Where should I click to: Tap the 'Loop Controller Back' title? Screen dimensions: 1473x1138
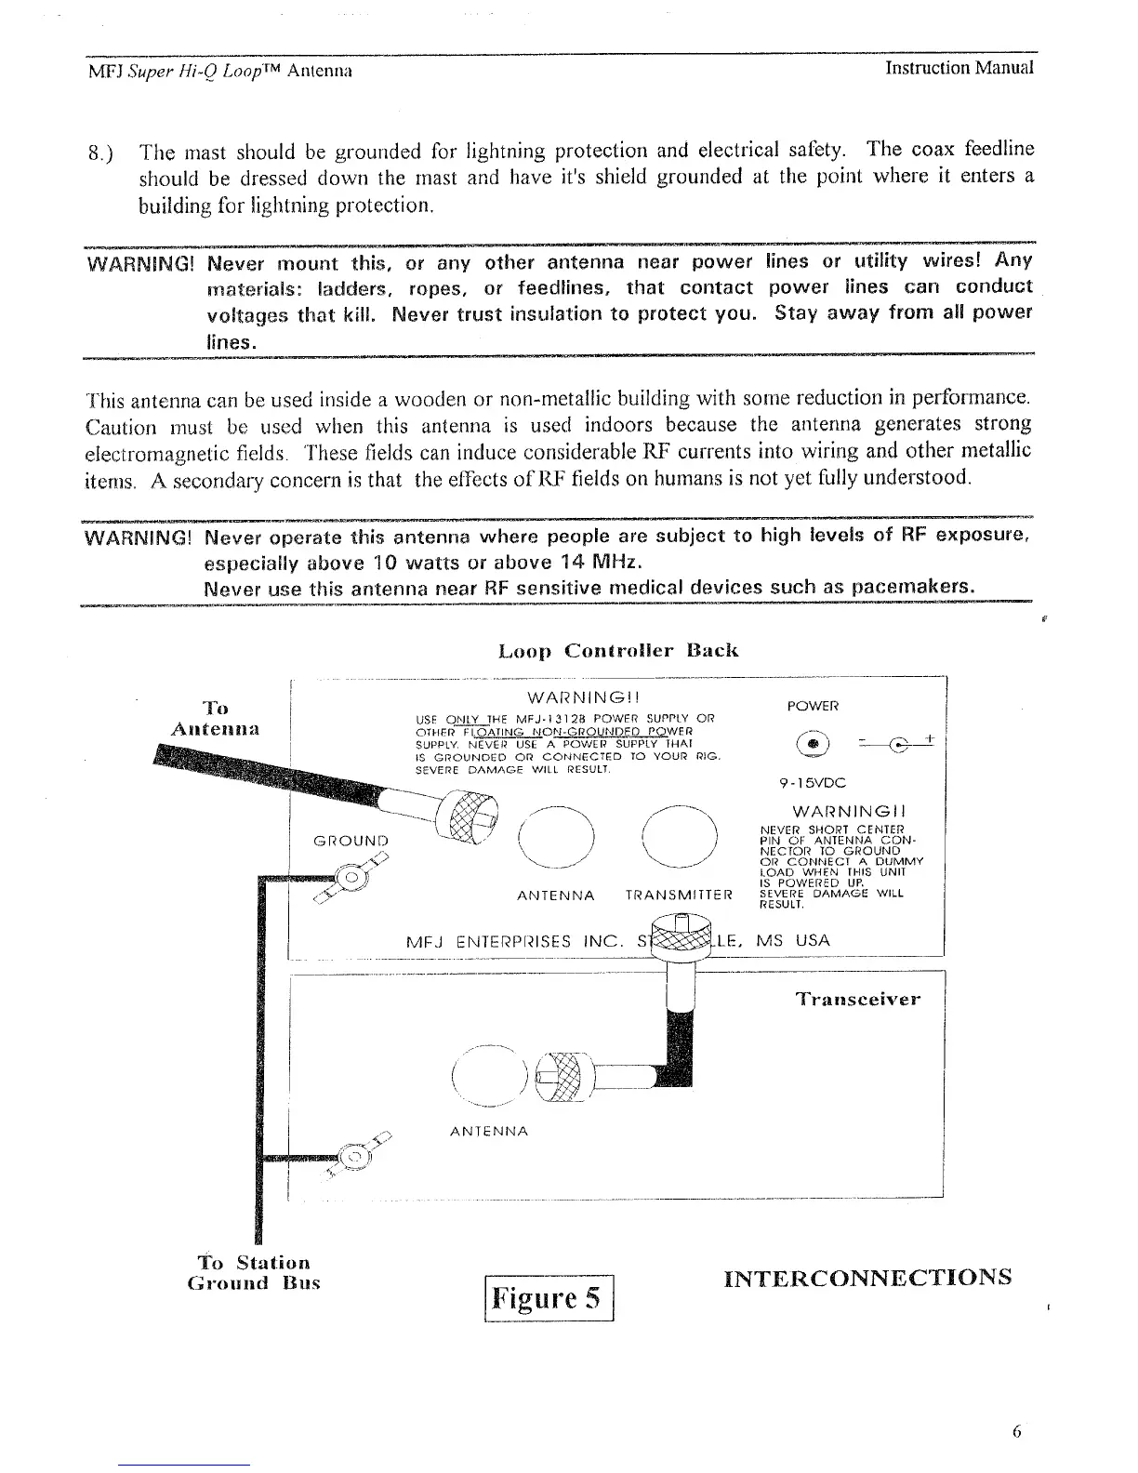[x=618, y=649]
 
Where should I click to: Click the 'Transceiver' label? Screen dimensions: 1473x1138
[x=858, y=1000]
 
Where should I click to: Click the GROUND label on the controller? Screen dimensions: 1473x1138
[x=351, y=842]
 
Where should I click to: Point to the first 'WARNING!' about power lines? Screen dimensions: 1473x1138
[x=139, y=261]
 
